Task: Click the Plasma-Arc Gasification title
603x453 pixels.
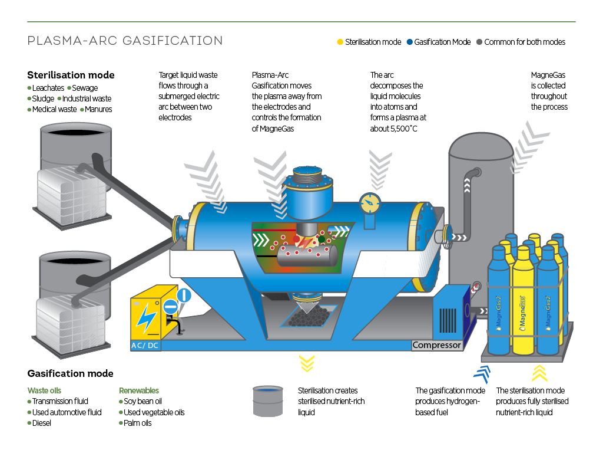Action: coord(125,41)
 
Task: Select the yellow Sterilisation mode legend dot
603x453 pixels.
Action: coord(340,42)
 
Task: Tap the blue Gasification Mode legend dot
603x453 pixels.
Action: coord(409,42)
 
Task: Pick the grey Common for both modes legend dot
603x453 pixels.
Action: coord(479,42)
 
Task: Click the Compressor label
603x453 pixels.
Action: coord(437,345)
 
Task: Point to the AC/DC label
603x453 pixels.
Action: coord(144,345)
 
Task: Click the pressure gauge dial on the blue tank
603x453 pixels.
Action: coord(369,203)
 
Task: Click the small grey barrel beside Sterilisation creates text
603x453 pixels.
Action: coord(267,401)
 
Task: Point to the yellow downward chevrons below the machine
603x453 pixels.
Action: coord(306,363)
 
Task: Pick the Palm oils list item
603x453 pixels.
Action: coord(137,423)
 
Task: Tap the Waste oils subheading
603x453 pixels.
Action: coord(44,390)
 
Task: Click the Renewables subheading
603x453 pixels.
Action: coord(138,390)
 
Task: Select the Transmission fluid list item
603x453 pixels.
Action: coord(60,401)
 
